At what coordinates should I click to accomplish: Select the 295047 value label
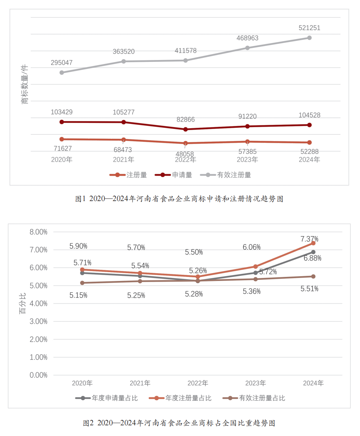61,63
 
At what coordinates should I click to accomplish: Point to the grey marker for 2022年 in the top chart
186,60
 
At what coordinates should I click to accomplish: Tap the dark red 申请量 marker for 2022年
186,129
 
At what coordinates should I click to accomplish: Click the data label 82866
186,120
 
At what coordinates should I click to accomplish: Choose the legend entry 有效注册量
225,175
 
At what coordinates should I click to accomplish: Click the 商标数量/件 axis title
25,84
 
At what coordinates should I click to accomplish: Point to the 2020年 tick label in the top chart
61,159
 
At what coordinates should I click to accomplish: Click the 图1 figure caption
179,199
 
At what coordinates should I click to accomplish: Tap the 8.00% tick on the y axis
38,232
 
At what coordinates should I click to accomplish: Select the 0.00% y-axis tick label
38,375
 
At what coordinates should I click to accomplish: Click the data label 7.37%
309,239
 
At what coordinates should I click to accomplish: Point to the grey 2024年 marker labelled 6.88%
313,252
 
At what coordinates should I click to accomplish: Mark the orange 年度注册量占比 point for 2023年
255,266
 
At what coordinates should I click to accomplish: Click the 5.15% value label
78,295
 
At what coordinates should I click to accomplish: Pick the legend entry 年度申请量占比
106,398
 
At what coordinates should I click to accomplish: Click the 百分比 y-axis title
23,304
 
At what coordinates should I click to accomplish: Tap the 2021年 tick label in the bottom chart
140,383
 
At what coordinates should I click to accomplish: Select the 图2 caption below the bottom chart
179,423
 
